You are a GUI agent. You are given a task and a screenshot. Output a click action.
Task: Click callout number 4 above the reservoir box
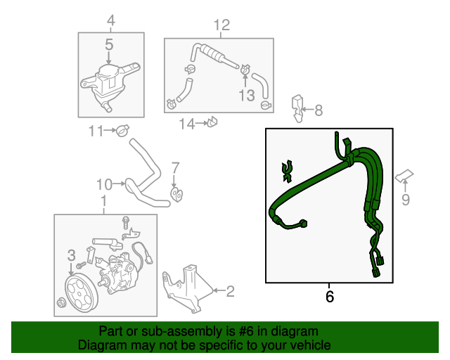click(x=109, y=20)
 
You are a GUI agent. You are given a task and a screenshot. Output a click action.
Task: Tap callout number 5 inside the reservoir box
click(x=109, y=45)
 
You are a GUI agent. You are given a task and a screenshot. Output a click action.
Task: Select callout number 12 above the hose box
click(x=221, y=27)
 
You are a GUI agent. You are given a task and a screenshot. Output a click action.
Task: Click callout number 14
click(x=186, y=124)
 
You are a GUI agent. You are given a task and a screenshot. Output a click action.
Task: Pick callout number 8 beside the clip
click(x=319, y=110)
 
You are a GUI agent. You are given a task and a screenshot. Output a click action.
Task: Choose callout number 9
click(x=405, y=200)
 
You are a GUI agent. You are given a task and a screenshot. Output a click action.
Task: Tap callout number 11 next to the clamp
click(x=96, y=130)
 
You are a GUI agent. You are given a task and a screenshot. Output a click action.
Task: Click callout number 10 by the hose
click(x=104, y=185)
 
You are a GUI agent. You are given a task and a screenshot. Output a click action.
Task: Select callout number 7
click(x=175, y=168)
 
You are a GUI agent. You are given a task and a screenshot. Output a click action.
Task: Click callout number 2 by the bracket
click(x=230, y=288)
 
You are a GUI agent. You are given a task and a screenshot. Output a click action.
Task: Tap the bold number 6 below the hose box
click(x=330, y=297)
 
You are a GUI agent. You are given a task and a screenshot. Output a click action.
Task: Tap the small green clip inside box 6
click(x=286, y=169)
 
